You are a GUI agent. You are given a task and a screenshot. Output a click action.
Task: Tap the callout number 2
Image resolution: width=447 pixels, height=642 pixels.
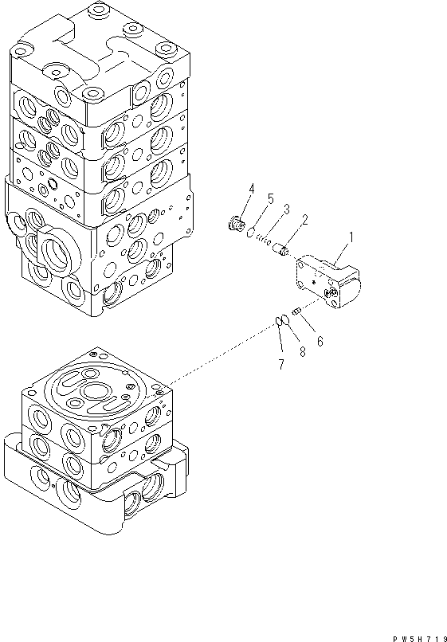pos(304,221)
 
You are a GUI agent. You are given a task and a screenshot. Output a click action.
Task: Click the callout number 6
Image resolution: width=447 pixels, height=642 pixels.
pos(320,342)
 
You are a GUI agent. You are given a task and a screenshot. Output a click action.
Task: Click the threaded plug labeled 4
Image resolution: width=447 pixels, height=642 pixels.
pos(235,226)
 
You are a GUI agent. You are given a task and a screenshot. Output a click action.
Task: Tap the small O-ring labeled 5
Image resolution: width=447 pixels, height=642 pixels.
pos(249,234)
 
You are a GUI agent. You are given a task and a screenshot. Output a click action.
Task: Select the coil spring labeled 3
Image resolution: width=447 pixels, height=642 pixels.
pos(266,243)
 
